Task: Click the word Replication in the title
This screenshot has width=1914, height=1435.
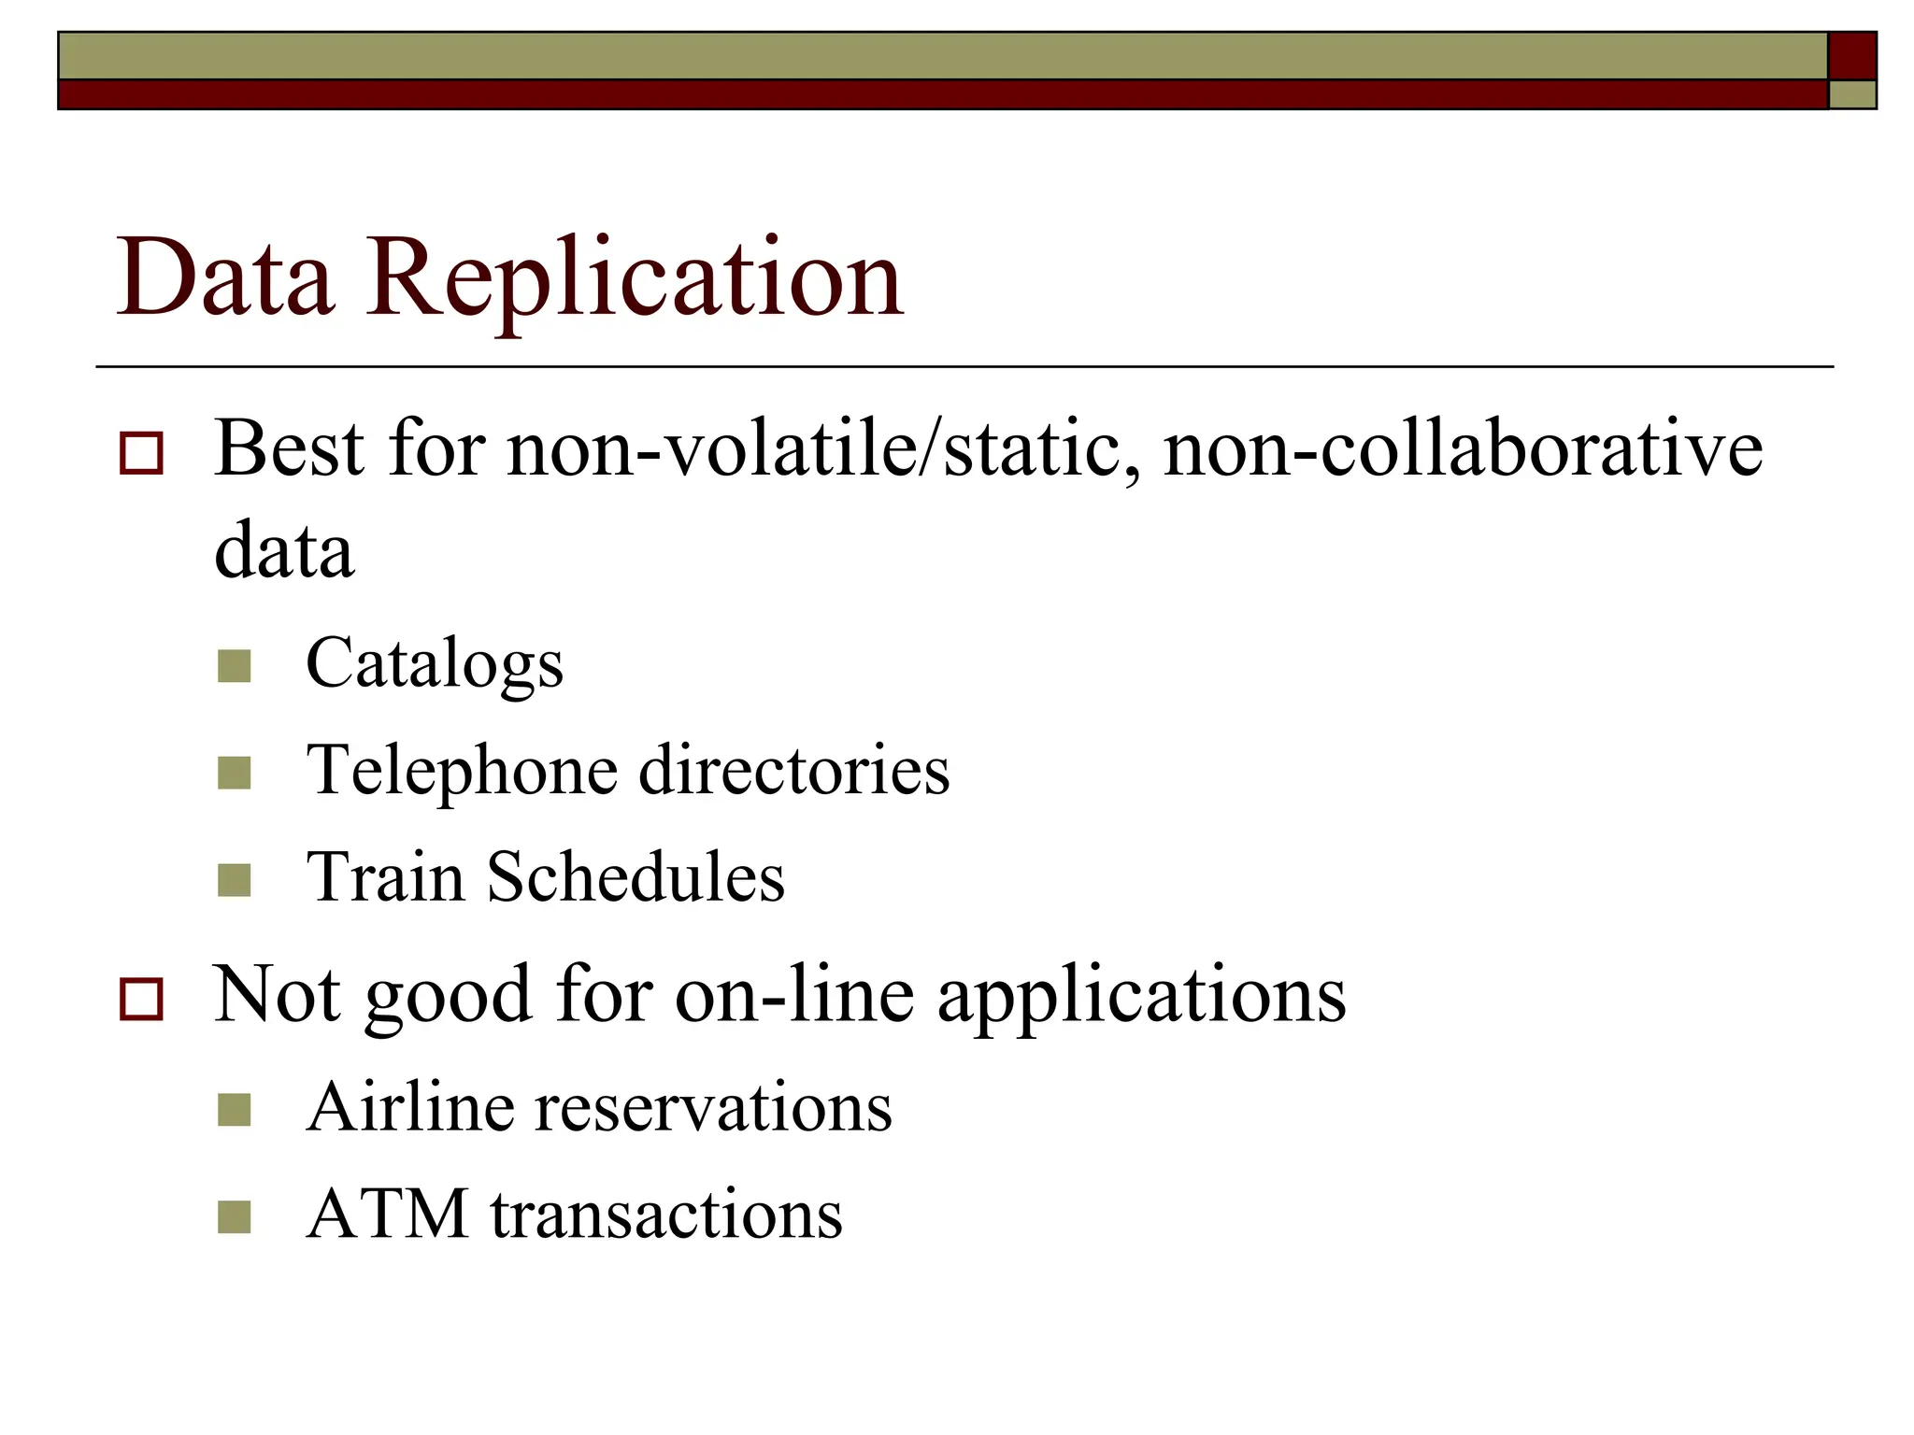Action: click(x=635, y=278)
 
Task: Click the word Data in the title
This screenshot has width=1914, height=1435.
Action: click(x=224, y=278)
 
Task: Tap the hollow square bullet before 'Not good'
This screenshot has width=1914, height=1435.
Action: click(x=141, y=999)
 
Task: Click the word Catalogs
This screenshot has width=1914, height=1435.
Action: click(x=435, y=664)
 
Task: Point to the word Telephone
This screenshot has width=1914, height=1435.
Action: click(x=463, y=772)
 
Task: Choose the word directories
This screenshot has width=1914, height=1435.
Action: click(x=794, y=772)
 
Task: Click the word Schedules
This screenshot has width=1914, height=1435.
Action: click(x=636, y=878)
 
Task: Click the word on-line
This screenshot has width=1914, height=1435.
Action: click(x=794, y=994)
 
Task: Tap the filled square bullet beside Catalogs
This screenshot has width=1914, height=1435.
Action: click(x=234, y=666)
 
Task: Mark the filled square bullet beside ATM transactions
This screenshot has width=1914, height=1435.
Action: click(x=234, y=1216)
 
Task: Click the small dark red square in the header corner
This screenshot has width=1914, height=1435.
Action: click(x=1851, y=56)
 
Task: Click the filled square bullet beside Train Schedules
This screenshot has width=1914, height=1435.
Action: click(x=234, y=880)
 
